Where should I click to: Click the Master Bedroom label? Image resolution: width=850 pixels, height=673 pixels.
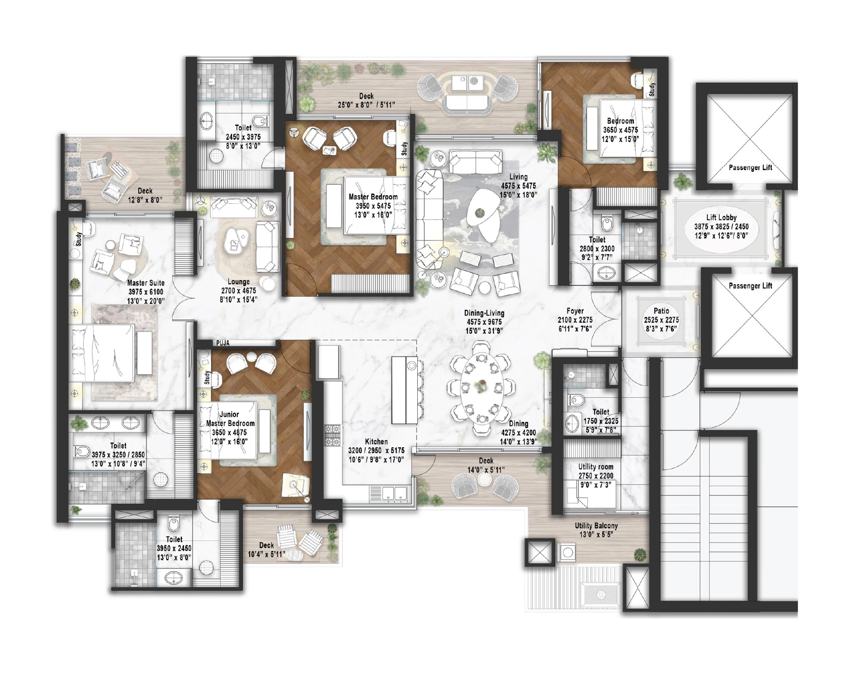pos(373,197)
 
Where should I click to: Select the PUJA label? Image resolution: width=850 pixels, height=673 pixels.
pos(223,343)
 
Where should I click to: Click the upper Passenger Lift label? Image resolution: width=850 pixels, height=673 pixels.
pos(750,168)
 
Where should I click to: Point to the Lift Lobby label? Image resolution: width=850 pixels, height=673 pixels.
pos(721,218)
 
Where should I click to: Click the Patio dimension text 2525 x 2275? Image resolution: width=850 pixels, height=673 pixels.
pos(661,320)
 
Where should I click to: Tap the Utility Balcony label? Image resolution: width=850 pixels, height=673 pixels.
pos(596,526)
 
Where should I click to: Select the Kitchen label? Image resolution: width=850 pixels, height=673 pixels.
pos(376,441)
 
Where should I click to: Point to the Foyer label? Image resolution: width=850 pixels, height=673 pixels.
pos(575,311)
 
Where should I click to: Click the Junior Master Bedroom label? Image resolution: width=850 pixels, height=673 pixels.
pos(230,419)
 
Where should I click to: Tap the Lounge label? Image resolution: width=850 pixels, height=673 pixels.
pos(238,282)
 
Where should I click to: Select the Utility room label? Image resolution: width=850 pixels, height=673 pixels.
pos(595,467)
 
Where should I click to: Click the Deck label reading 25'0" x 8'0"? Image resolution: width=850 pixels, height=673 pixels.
pos(366,96)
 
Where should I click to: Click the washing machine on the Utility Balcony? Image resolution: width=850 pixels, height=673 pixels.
pos(567,552)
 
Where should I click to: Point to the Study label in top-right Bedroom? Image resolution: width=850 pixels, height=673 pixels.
pos(652,89)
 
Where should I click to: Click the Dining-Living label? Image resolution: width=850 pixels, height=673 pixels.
pos(484,313)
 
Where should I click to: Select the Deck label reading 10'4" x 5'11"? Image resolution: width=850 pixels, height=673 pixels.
pos(266,545)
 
